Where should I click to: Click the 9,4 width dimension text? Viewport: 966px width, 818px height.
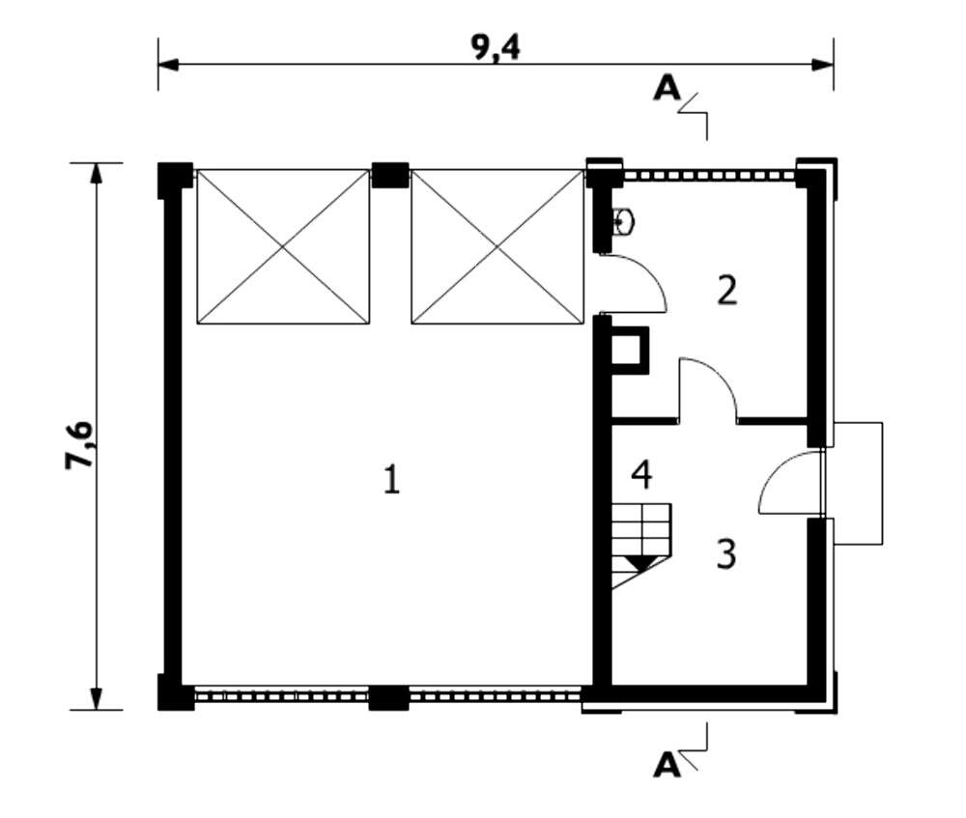[x=496, y=47]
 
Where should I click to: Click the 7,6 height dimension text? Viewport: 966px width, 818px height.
[x=79, y=445]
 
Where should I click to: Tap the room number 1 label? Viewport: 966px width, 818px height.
[x=392, y=480]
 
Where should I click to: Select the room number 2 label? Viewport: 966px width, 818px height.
[x=727, y=290]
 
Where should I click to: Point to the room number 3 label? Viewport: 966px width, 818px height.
[x=726, y=553]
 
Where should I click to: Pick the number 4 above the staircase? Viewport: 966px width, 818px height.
[x=642, y=475]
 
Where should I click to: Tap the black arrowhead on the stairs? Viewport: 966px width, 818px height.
[x=640, y=562]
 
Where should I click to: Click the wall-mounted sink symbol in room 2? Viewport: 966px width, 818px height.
[x=622, y=222]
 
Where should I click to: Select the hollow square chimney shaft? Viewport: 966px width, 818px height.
[x=629, y=351]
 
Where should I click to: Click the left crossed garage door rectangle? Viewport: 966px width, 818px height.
[x=283, y=247]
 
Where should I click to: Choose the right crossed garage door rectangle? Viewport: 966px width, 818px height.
[x=497, y=247]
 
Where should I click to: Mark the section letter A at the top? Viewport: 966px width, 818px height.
[x=668, y=89]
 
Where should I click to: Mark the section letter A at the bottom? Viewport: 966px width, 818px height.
[x=668, y=765]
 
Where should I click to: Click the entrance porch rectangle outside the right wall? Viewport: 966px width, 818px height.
[x=858, y=484]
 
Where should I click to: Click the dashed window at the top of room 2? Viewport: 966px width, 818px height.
[x=709, y=176]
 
